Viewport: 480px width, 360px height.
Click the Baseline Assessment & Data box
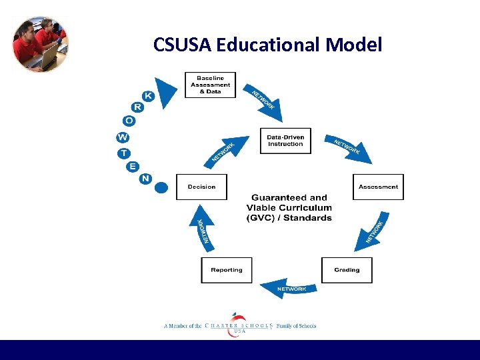pos(210,85)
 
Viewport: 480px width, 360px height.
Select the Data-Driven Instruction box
pos(285,141)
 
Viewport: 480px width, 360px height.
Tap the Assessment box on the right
pos(378,187)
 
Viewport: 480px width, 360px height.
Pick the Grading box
pos(347,270)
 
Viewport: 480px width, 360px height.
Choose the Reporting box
pos(227,270)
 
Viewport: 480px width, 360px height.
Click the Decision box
pos(201,187)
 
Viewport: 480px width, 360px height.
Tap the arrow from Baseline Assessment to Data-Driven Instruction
pos(264,100)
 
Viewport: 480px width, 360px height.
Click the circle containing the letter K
pos(148,97)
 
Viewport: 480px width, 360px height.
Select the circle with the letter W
pos(123,137)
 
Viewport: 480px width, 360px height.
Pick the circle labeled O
pos(129,121)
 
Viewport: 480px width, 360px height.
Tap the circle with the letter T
pos(125,153)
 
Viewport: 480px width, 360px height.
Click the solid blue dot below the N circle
pos(161,188)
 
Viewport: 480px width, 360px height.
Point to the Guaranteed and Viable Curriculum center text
pos(289,207)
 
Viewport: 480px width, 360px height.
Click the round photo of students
pos(40,44)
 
